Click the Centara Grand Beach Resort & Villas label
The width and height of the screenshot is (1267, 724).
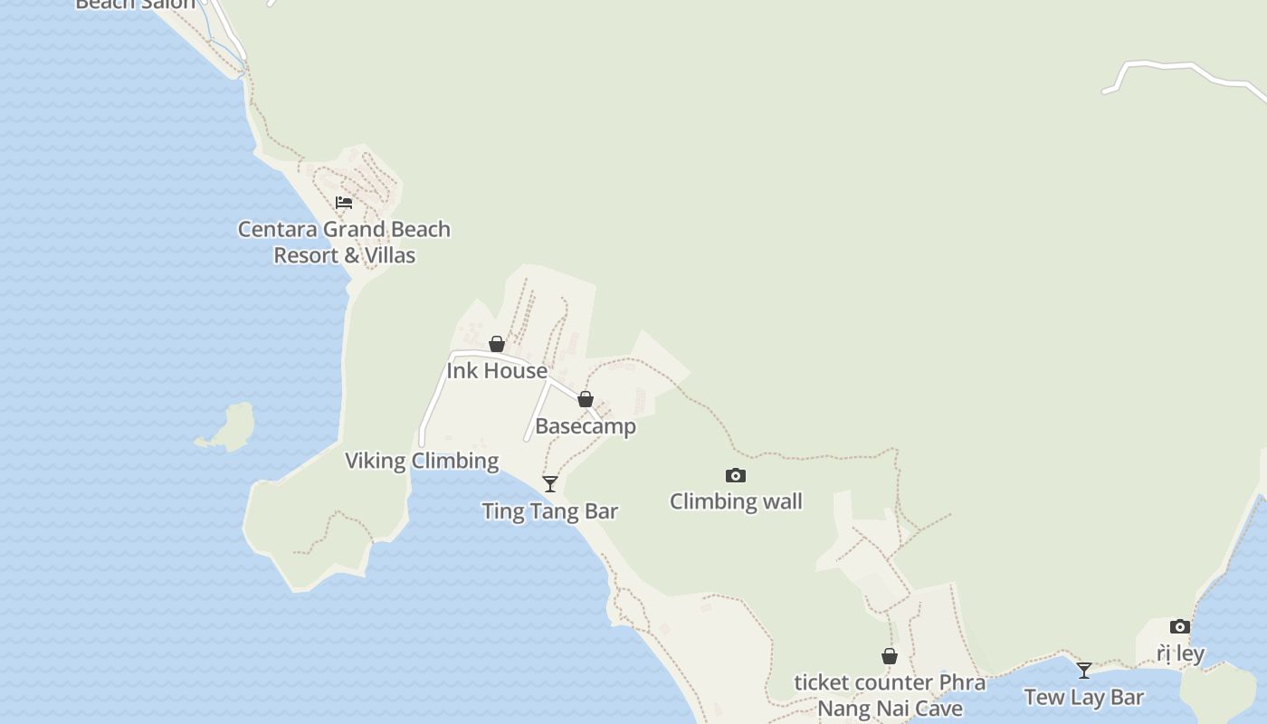point(344,242)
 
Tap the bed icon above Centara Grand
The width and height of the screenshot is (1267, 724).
point(344,202)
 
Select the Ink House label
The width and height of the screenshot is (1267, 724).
point(497,370)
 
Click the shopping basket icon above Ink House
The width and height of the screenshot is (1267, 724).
point(497,344)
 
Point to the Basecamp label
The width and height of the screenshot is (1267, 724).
point(586,425)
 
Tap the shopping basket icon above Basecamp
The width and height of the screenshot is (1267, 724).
point(586,399)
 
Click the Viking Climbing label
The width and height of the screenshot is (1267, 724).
point(422,460)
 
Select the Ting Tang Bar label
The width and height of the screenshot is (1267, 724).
point(550,510)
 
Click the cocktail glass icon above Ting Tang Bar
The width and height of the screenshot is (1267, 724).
point(550,484)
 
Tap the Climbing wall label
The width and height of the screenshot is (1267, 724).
point(736,500)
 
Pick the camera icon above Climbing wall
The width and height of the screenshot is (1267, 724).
point(736,475)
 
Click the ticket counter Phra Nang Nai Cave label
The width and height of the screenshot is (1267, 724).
point(890,695)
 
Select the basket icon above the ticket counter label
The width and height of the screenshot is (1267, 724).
point(890,656)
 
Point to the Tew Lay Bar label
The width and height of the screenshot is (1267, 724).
point(1084,697)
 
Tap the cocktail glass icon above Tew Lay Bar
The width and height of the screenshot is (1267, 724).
point(1084,671)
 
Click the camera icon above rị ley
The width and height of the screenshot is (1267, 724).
point(1180,626)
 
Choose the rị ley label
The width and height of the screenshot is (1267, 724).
point(1180,653)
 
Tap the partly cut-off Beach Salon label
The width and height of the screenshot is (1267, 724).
point(136,5)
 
